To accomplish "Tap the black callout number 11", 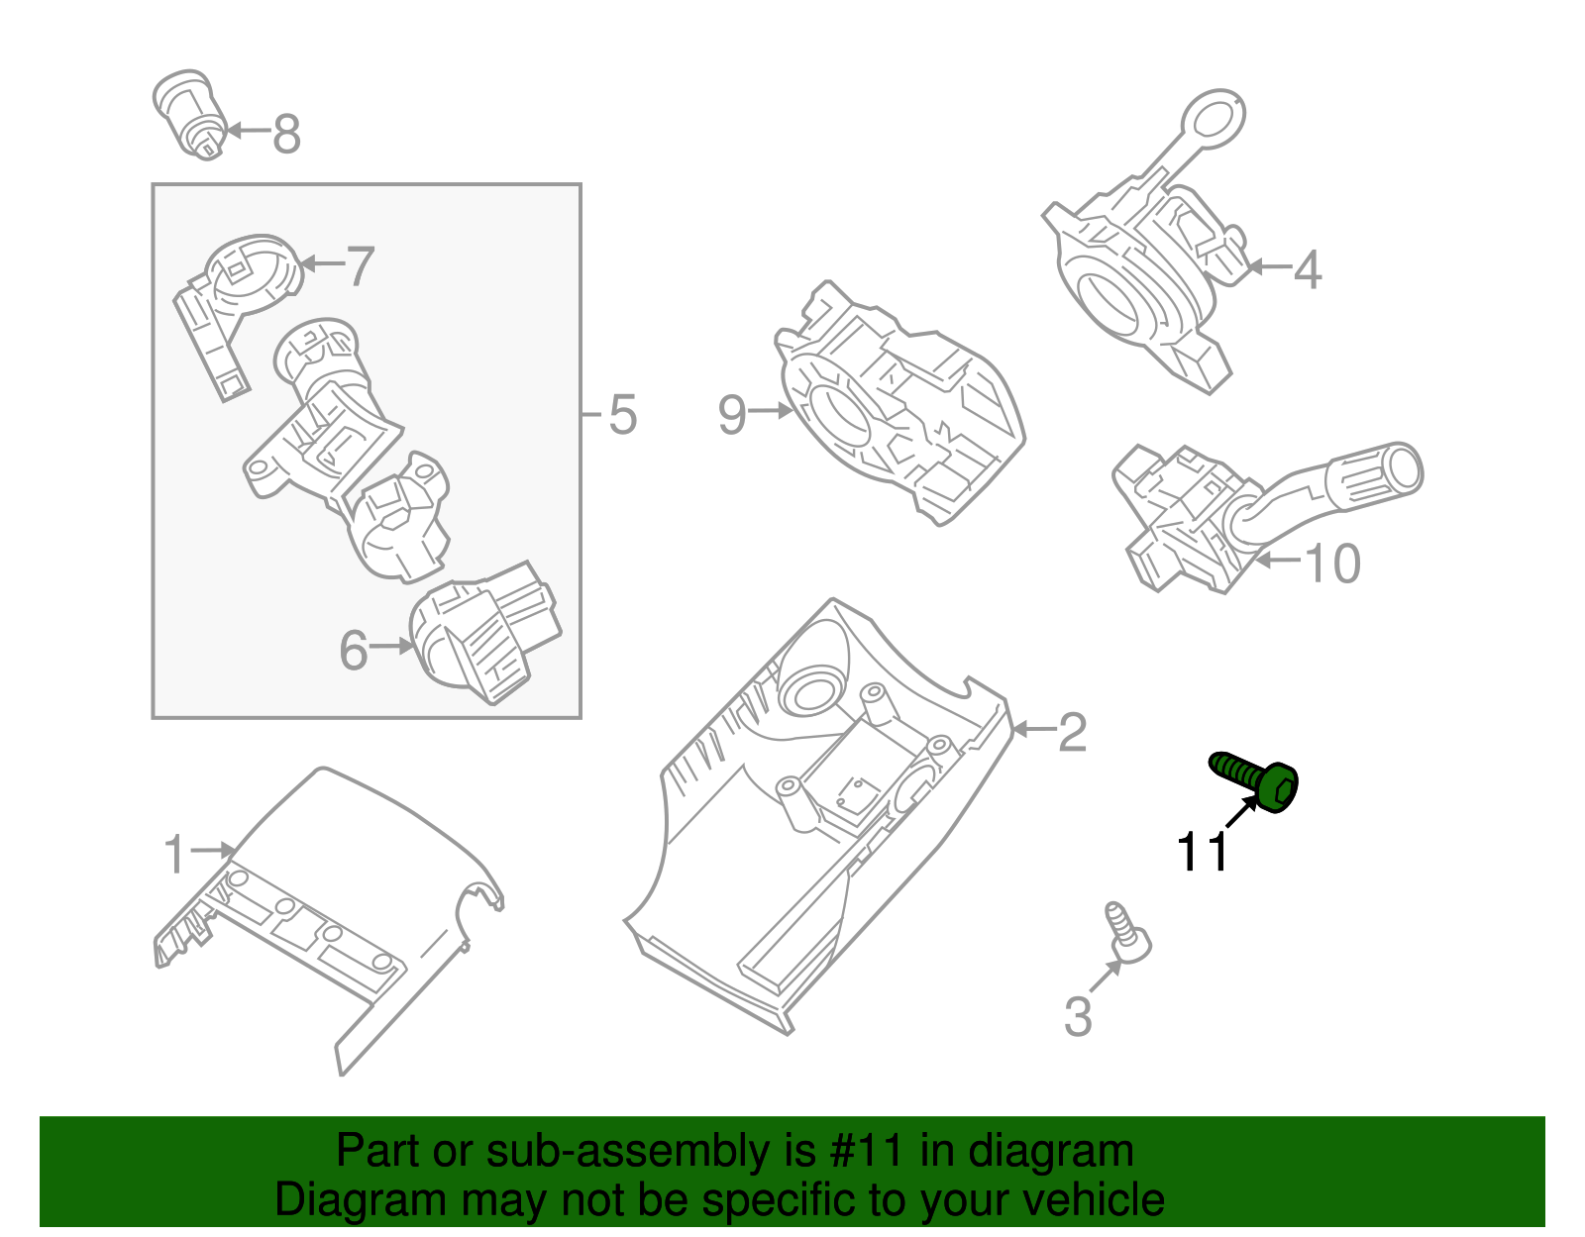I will (1201, 853).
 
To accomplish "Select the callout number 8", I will (286, 135).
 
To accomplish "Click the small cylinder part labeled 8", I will (192, 114).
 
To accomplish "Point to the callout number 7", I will (360, 266).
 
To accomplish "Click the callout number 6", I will (354, 651).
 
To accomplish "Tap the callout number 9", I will (731, 414).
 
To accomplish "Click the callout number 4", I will (1308, 269).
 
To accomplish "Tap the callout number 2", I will (1072, 734).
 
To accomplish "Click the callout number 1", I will (174, 855).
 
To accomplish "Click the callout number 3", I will (1077, 1017).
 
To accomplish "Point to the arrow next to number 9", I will (771, 410).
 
